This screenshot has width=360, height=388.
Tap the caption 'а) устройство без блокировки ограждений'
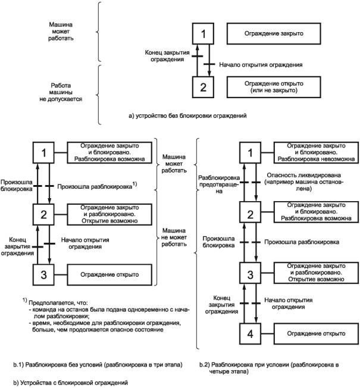[183, 115]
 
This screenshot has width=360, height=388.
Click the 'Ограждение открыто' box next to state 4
[312, 333]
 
